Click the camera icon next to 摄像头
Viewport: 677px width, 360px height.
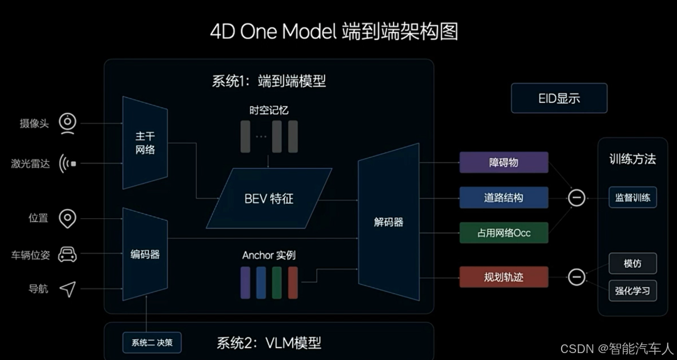click(x=68, y=123)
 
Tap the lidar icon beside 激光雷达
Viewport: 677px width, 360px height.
click(x=68, y=164)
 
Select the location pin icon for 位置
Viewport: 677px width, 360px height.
click(x=68, y=218)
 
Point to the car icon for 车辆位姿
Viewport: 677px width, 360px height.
click(x=68, y=254)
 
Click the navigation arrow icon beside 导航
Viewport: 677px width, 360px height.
click(x=68, y=289)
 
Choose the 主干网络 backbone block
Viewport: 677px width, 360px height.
click(x=145, y=143)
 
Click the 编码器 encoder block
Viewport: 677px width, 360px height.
click(x=145, y=255)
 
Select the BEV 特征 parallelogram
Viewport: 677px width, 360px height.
click(x=269, y=199)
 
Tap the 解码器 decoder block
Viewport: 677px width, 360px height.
click(x=388, y=222)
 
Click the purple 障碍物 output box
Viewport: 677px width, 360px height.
click(x=503, y=162)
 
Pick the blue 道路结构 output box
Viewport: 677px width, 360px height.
click(x=503, y=198)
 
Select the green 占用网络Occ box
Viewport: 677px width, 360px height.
click(x=503, y=233)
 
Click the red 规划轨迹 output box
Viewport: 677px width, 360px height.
click(x=503, y=277)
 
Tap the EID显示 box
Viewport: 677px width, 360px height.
click(x=559, y=98)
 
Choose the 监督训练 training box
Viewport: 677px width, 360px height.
click(x=632, y=198)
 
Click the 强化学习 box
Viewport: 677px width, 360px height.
click(x=632, y=290)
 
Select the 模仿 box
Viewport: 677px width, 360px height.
click(x=632, y=263)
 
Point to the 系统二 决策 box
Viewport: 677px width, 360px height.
click(x=152, y=342)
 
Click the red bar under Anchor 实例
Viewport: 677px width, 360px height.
click(x=293, y=282)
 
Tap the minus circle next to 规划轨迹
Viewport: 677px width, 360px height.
click(x=576, y=277)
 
